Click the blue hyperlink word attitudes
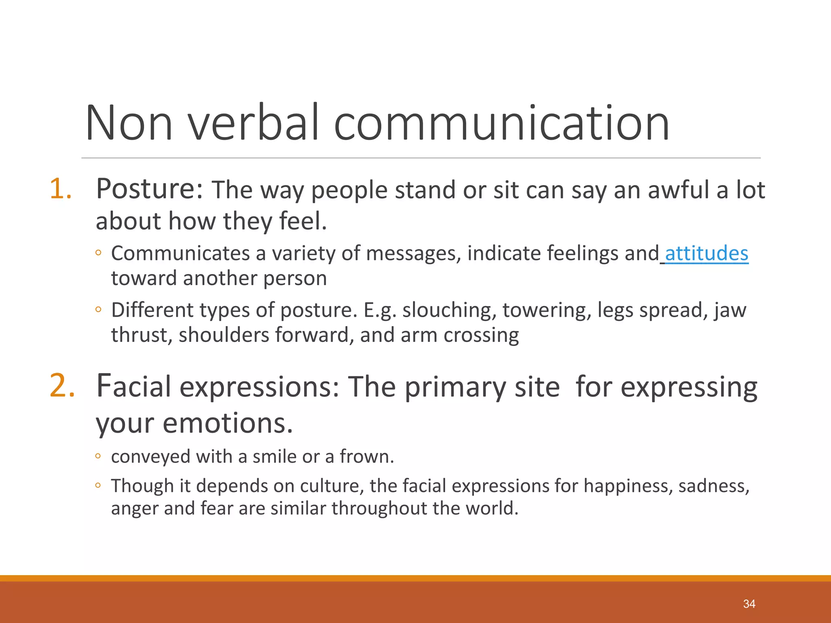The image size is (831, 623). [706, 253]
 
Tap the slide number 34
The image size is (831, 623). [749, 604]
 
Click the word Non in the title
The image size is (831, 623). [129, 123]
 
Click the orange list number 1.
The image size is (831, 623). [60, 189]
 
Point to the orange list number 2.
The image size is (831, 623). [62, 385]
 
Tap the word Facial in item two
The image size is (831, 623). [133, 386]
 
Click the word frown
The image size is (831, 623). [366, 457]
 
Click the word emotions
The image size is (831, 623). [228, 423]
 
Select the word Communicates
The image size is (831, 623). [181, 253]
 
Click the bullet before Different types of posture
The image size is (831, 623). [98, 310]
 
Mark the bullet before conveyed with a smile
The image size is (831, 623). [98, 456]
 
